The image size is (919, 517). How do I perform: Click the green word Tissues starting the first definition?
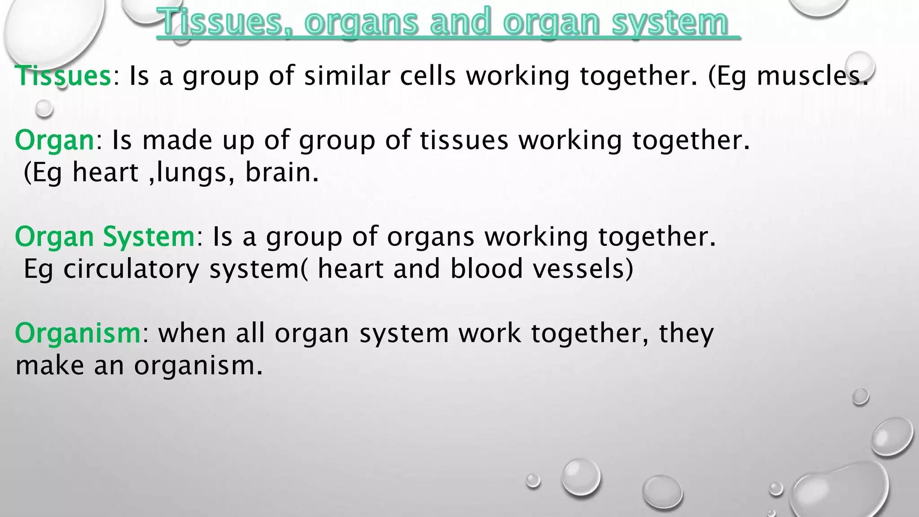63,75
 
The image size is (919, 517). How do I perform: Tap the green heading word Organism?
78,333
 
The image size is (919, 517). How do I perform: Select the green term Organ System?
105,237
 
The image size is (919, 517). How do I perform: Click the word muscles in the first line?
812,75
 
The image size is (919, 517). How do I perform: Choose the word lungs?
192,173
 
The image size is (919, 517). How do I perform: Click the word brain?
281,172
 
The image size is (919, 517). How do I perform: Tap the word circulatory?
131,269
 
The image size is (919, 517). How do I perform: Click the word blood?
486,269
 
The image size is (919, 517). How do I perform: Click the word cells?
428,75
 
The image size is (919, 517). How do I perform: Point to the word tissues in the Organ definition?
464,140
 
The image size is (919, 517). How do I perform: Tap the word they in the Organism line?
686,333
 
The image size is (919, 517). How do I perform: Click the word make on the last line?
50,366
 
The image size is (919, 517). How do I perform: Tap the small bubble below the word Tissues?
44,109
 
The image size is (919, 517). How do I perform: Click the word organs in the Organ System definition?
431,237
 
